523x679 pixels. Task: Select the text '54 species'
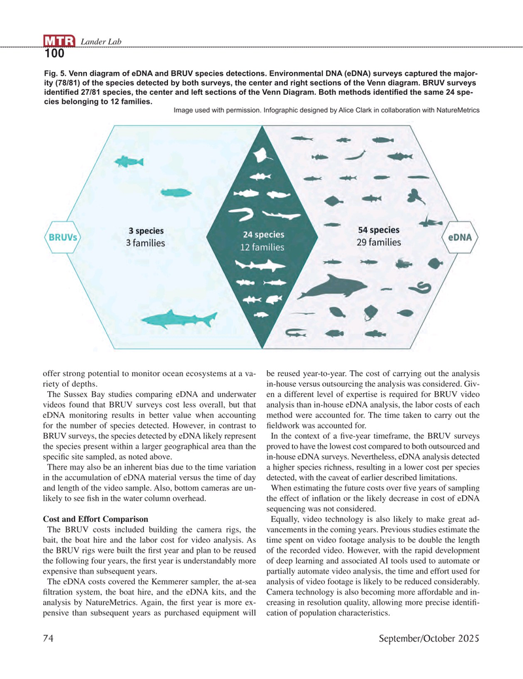(379, 230)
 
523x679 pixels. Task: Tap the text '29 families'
(379, 243)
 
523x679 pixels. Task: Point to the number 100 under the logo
(55, 54)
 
